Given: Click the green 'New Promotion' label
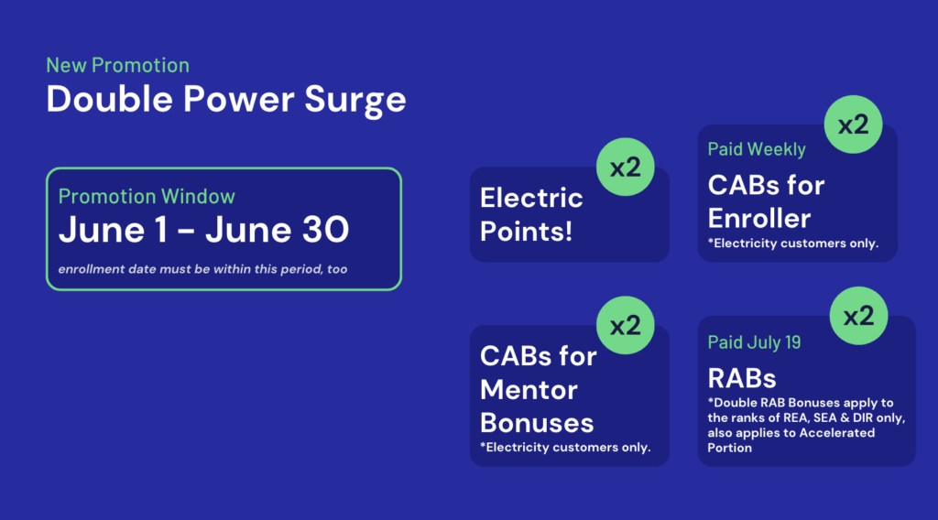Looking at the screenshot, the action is tap(118, 65).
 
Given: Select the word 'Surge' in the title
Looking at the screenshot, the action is tap(355, 101).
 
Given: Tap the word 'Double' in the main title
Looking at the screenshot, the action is tap(110, 99).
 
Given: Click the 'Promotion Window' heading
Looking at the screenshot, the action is tap(147, 197).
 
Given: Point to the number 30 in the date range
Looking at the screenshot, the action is tap(325, 230).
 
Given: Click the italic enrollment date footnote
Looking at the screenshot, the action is tap(202, 269).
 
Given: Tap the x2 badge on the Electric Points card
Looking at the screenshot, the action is tap(625, 168).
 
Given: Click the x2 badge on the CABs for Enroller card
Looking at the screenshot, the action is tap(853, 125).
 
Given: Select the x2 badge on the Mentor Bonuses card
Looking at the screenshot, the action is tap(625, 325).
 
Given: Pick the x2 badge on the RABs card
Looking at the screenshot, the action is tap(858, 316).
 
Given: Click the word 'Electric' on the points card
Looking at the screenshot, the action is tap(531, 198).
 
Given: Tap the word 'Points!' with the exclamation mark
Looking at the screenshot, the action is tap(527, 232).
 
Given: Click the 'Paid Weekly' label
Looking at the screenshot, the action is tap(757, 149).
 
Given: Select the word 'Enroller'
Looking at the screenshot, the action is tap(759, 219).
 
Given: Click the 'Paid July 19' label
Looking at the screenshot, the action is tap(755, 342).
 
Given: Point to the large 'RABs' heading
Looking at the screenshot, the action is tap(742, 378).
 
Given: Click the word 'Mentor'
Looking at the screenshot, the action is tap(529, 390).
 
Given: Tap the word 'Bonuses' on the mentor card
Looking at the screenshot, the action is tap(537, 423).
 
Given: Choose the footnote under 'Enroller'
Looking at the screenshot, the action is tap(793, 244).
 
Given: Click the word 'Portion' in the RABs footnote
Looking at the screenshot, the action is tap(729, 448).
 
